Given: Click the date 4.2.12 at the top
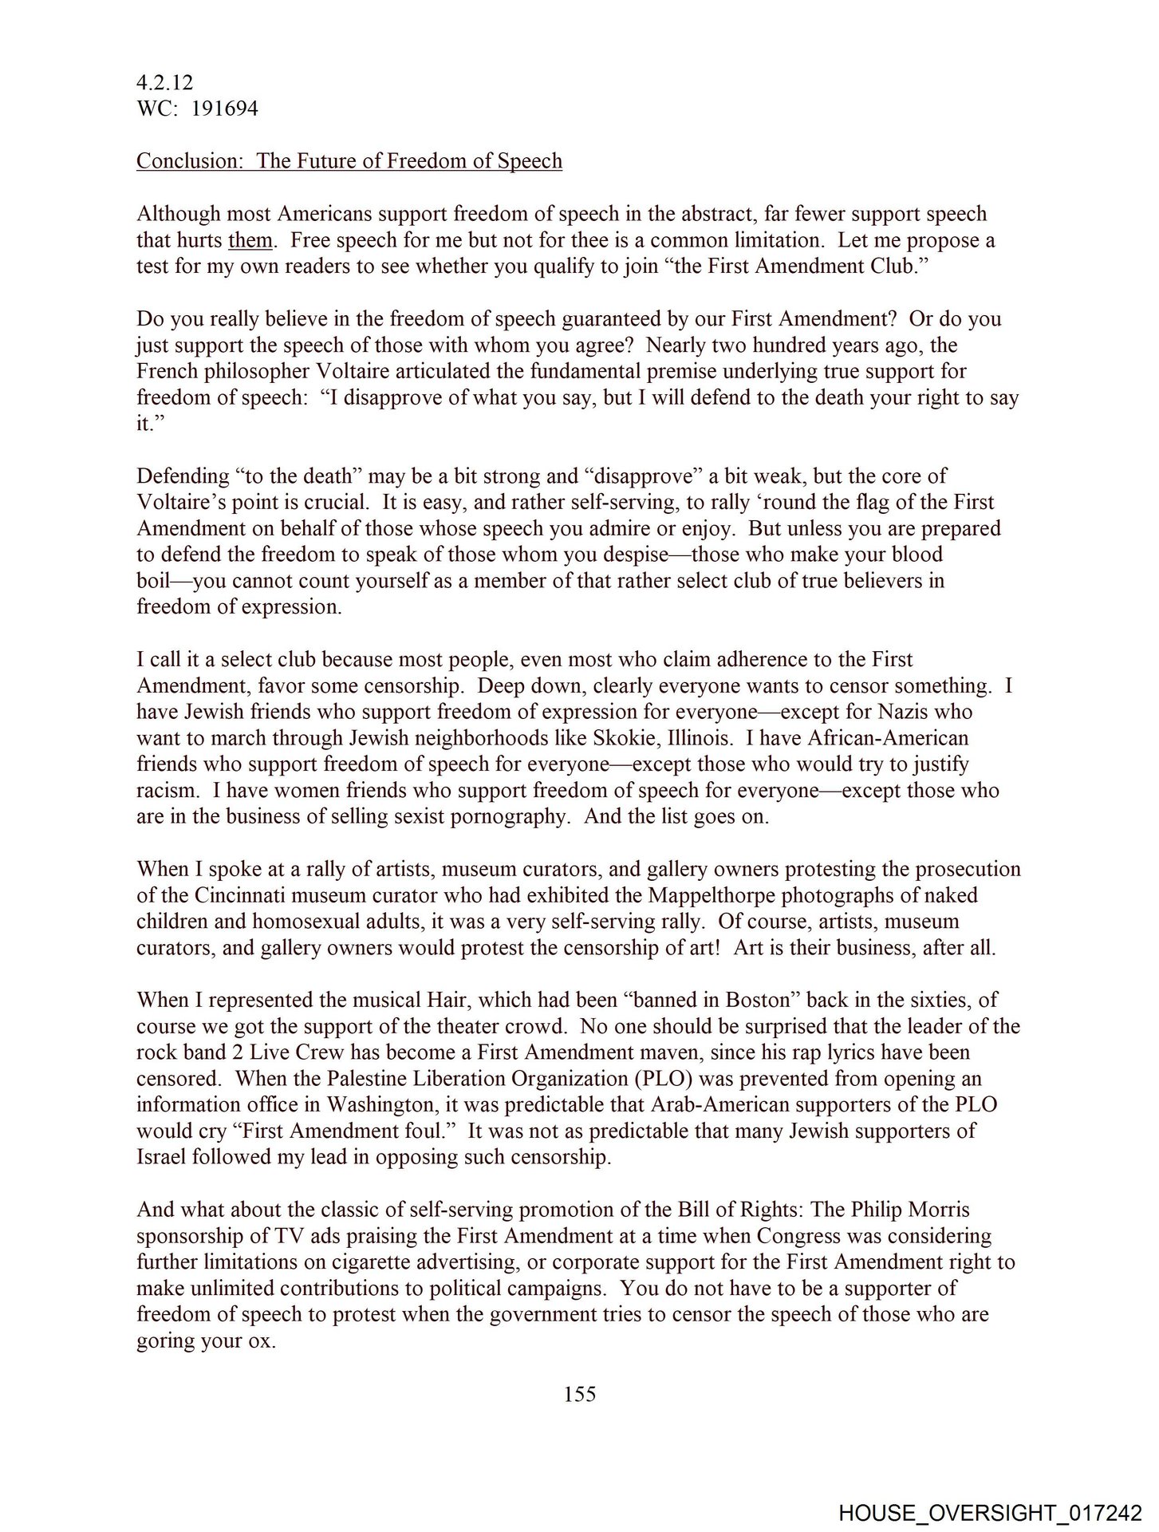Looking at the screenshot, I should tap(164, 82).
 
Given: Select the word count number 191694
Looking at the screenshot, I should tap(224, 109).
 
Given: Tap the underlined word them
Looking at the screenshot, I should tap(250, 240).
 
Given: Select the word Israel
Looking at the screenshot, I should tap(164, 1157).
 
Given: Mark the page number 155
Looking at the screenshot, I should tap(580, 1394).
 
